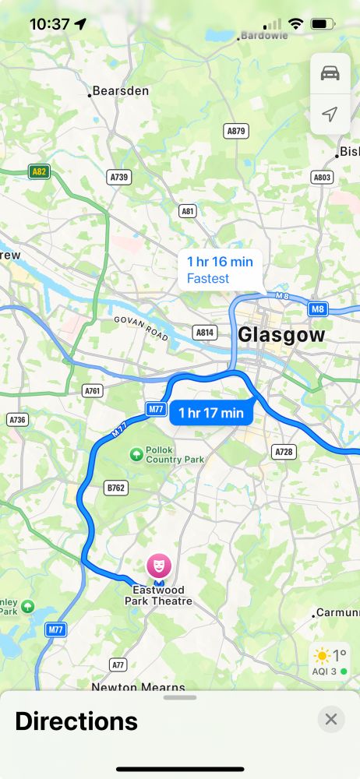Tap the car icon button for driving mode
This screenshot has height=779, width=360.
(330, 73)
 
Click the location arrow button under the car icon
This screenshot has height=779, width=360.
(330, 115)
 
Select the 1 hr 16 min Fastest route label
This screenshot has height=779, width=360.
(221, 270)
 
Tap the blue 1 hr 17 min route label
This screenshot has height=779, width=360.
(211, 413)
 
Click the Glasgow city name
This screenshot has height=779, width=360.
(281, 335)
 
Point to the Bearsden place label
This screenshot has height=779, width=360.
(121, 91)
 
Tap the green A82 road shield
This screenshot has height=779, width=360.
(38, 171)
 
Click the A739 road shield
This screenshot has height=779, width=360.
(118, 178)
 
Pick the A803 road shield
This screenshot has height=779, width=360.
(322, 178)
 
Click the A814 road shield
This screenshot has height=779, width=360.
(205, 333)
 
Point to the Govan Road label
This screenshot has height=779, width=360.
(140, 328)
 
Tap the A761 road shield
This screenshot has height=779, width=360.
(93, 390)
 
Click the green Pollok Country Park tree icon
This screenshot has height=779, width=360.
(137, 453)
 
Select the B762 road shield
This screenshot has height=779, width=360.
(115, 487)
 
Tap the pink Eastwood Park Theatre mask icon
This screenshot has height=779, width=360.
(158, 563)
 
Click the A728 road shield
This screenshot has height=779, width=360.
(283, 452)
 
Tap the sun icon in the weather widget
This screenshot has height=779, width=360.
(322, 656)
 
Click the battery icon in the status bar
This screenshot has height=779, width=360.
(322, 24)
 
